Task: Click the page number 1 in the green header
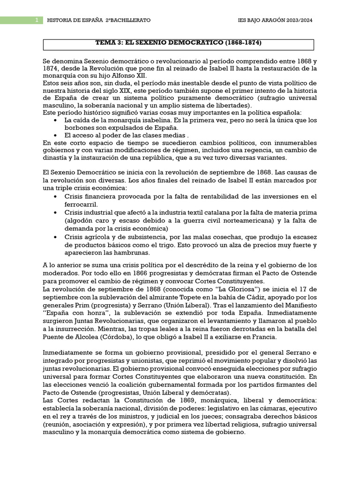[x=36, y=21]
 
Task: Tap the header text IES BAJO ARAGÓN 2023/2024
[x=275, y=21]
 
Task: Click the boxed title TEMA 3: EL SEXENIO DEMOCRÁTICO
[x=179, y=43]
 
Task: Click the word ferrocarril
[x=81, y=204]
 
